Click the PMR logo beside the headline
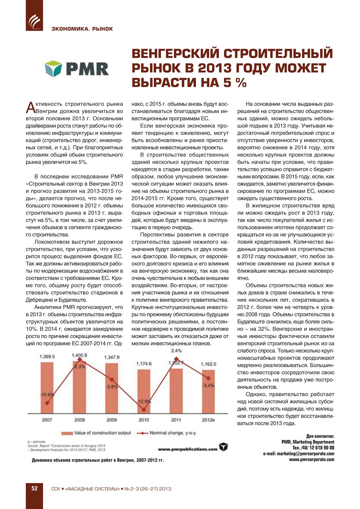[x=77, y=69]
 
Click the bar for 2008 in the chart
[x=79, y=388]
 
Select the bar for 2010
[x=144, y=391]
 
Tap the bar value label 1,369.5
[x=47, y=356]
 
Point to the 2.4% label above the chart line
[x=176, y=351]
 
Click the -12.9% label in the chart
[x=144, y=401]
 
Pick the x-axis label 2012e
[x=208, y=420]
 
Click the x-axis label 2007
[x=47, y=420]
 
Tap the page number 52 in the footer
[x=34, y=488]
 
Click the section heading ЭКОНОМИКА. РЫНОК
[x=82, y=29]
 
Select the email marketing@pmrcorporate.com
[x=298, y=454]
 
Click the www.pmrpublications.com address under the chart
[x=187, y=449]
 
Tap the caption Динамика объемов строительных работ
[x=98, y=460]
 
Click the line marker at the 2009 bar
[x=112, y=380]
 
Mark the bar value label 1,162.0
[x=208, y=364]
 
